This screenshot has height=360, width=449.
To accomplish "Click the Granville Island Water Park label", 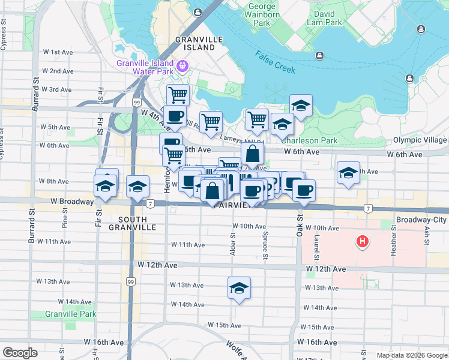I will pos(145,67).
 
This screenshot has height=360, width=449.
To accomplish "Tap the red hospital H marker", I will pos(363,242).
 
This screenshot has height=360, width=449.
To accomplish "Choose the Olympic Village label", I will pos(420,140).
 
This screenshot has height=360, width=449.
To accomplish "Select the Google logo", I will pos(20,353).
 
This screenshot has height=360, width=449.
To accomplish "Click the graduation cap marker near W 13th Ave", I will pos(239,289).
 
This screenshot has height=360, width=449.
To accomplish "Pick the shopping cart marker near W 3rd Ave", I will pos(178,95).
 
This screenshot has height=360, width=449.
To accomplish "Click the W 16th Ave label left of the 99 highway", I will pos(104,342).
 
